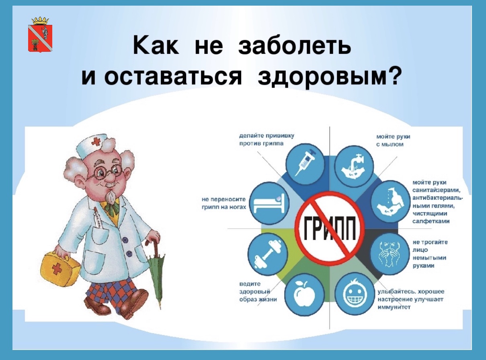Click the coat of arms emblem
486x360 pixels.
(40, 35)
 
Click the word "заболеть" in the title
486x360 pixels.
(295, 47)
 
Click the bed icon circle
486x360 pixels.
(269, 203)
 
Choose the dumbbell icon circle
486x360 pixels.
(268, 254)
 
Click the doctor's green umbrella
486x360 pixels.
(156, 274)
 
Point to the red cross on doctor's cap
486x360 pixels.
(95, 143)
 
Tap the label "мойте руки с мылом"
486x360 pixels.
(393, 141)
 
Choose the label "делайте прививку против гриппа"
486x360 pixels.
(267, 139)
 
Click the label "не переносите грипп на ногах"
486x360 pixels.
(224, 203)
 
